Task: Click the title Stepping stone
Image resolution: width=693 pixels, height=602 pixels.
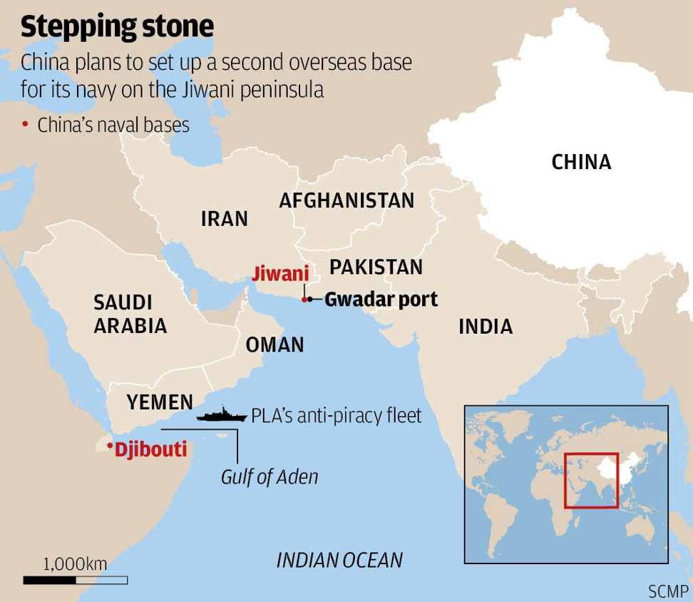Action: pyautogui.click(x=117, y=26)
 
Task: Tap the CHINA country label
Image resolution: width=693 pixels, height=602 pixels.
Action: pyautogui.click(x=581, y=162)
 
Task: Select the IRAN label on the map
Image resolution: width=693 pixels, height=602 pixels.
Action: pyautogui.click(x=225, y=218)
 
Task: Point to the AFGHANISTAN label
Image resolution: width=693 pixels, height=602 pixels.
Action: pyautogui.click(x=346, y=200)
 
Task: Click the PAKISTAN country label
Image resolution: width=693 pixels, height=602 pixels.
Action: pyautogui.click(x=376, y=267)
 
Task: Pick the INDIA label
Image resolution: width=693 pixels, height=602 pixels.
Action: pyautogui.click(x=485, y=327)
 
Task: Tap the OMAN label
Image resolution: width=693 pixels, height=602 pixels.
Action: pyautogui.click(x=274, y=345)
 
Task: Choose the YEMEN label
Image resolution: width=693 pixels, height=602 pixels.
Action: pyautogui.click(x=160, y=402)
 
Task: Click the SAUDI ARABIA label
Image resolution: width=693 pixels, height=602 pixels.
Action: pyautogui.click(x=130, y=314)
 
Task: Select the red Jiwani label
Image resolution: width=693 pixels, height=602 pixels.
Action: pyautogui.click(x=281, y=273)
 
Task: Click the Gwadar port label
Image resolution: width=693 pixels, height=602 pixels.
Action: pyautogui.click(x=381, y=300)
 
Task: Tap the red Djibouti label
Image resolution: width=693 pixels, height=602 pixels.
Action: pyautogui.click(x=150, y=449)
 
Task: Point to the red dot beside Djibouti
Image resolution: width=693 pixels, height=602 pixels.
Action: pyautogui.click(x=109, y=447)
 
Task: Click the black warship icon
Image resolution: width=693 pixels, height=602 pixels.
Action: pyautogui.click(x=221, y=414)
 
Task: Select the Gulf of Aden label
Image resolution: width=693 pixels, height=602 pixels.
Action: pyautogui.click(x=269, y=476)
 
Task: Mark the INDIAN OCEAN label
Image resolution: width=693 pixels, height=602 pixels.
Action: pyautogui.click(x=339, y=560)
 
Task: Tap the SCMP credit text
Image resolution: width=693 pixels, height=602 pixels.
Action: pyautogui.click(x=668, y=591)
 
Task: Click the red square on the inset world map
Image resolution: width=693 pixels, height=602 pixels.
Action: pyautogui.click(x=591, y=481)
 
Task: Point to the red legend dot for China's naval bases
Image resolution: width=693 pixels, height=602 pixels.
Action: pyautogui.click(x=25, y=125)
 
